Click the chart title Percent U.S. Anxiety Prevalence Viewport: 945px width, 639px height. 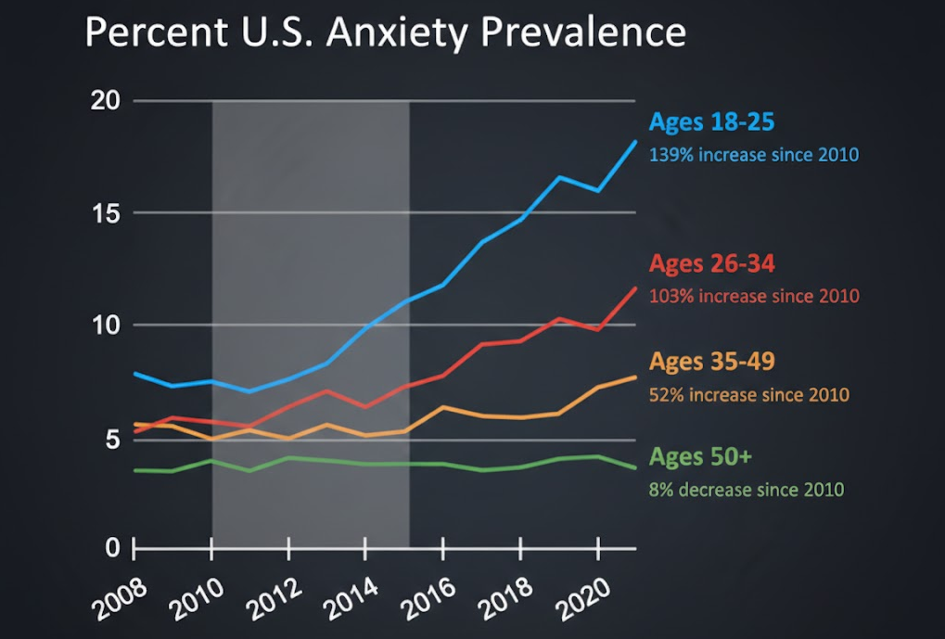pos(385,33)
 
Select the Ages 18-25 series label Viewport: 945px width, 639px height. pos(711,122)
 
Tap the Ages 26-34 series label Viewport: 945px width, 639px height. pos(711,264)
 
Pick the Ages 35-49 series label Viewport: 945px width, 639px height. pos(711,362)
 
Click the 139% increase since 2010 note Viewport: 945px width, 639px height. pos(754,154)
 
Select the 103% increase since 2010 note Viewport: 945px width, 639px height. pos(754,296)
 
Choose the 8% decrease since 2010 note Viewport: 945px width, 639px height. pos(747,489)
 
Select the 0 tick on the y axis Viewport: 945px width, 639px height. pos(111,547)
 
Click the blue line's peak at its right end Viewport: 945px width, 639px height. pos(636,141)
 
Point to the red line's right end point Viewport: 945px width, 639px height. pos(636,288)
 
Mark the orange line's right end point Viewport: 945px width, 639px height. pos(636,377)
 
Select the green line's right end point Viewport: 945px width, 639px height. pos(636,467)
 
